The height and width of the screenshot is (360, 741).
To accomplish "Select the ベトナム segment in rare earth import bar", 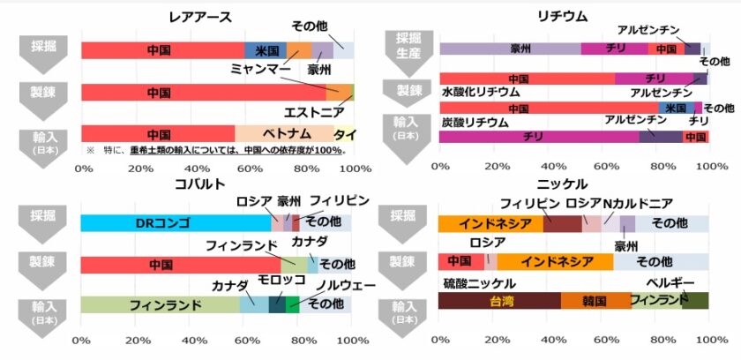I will [x=284, y=134].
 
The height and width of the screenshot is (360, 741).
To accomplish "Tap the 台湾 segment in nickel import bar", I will [x=499, y=301].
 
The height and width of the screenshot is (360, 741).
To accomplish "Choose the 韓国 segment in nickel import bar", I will [x=595, y=301].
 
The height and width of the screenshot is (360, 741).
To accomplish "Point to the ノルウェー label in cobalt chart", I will [x=346, y=285].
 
